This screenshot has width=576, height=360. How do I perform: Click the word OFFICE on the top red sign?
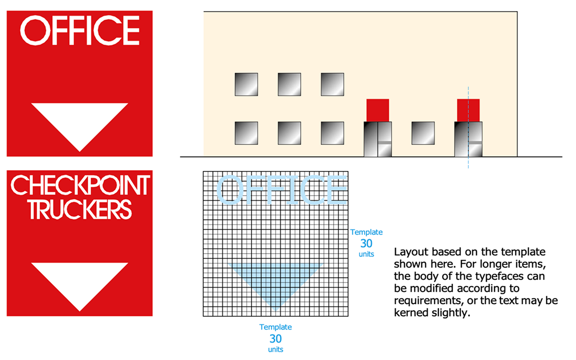(80, 30)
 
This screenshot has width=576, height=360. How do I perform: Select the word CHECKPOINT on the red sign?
(80, 185)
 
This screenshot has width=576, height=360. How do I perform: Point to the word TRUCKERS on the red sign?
(80, 210)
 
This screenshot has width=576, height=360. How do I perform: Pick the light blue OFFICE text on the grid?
(282, 190)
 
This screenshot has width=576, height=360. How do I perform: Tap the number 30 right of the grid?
(366, 243)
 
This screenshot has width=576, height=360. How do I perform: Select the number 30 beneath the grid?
(275, 339)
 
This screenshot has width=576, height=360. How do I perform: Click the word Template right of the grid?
(366, 232)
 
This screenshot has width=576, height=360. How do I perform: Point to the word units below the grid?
(275, 350)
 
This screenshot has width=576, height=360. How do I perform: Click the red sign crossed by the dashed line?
(468, 110)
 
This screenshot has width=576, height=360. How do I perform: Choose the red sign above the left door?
(378, 110)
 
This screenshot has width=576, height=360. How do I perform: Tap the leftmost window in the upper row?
(246, 84)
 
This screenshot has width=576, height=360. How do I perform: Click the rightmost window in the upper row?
(333, 84)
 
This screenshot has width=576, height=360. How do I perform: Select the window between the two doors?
(423, 133)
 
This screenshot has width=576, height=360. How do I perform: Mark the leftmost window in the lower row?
(246, 133)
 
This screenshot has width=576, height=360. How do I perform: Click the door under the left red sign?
(378, 139)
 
